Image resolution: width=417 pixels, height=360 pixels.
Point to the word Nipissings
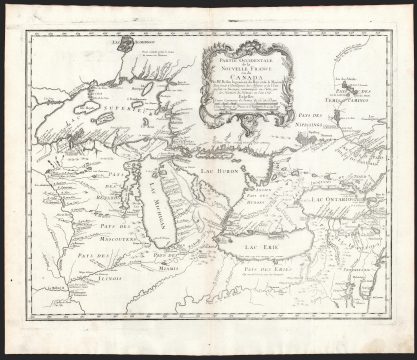point(340,132)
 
